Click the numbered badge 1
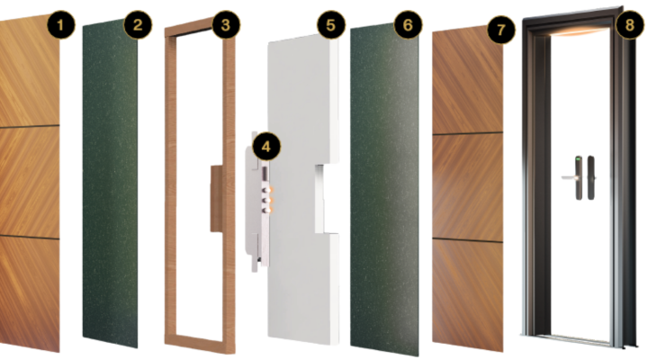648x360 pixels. click(61, 25)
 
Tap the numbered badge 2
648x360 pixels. click(137, 25)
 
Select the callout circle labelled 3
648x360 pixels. click(226, 25)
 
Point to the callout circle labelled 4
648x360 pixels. click(266, 147)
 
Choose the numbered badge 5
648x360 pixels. click(331, 25)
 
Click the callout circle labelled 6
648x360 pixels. click(408, 25)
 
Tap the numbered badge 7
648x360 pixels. click(501, 30)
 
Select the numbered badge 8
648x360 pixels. click(629, 25)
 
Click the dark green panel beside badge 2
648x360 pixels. click(111, 186)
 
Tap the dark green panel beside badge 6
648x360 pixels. click(384, 190)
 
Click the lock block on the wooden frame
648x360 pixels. click(217, 198)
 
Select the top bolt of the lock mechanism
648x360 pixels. click(268, 190)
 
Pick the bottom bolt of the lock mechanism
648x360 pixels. click(268, 211)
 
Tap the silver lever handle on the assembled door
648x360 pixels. click(569, 177)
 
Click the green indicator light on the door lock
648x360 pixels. click(578, 158)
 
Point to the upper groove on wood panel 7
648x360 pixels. click(468, 133)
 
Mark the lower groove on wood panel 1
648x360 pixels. click(30, 237)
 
